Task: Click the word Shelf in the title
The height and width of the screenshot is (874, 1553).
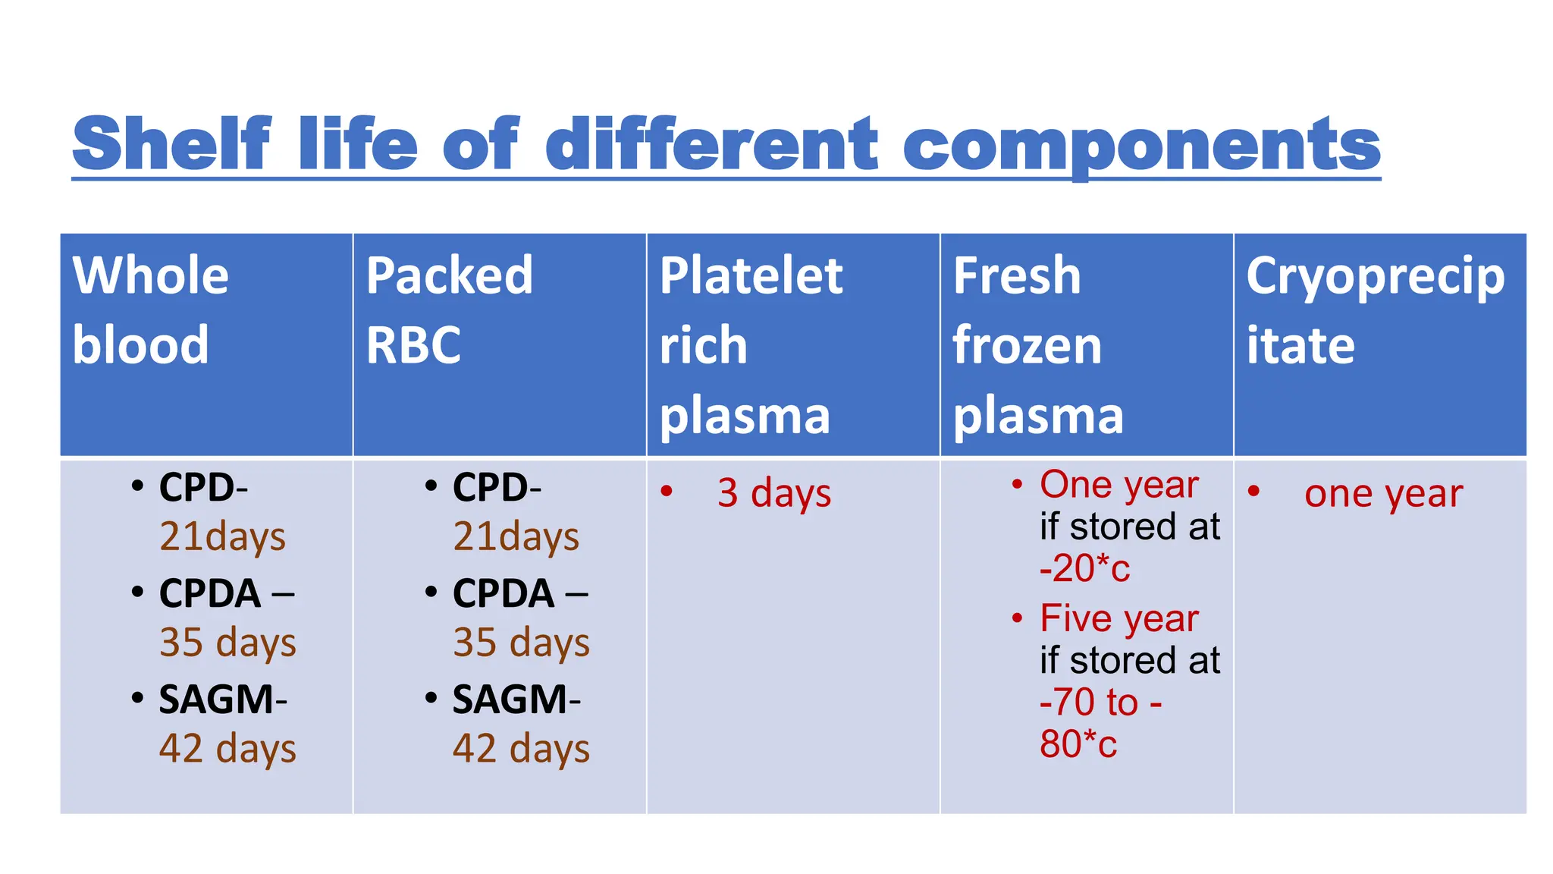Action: click(x=171, y=143)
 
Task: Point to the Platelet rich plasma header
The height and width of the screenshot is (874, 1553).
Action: click(x=751, y=344)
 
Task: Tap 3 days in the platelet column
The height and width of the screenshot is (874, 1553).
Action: click(x=773, y=492)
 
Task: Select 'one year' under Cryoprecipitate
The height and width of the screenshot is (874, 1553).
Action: click(x=1383, y=494)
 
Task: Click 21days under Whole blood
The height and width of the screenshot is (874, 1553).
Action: click(x=222, y=536)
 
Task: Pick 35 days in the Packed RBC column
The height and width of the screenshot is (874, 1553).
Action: click(x=521, y=643)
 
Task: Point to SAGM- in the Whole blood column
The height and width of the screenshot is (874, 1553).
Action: click(x=222, y=699)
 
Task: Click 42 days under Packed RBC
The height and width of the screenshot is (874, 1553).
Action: click(x=521, y=749)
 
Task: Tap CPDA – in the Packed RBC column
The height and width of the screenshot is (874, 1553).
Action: click(x=519, y=593)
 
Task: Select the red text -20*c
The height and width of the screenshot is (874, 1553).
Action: click(x=1084, y=568)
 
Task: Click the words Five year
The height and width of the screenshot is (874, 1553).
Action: click(x=1118, y=618)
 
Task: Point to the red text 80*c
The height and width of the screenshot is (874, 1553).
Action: click(x=1078, y=744)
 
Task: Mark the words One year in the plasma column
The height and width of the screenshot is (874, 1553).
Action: click(x=1118, y=484)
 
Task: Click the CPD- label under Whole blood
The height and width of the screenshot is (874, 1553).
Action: click(x=202, y=487)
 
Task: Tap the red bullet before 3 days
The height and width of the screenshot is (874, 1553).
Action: click(x=666, y=491)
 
